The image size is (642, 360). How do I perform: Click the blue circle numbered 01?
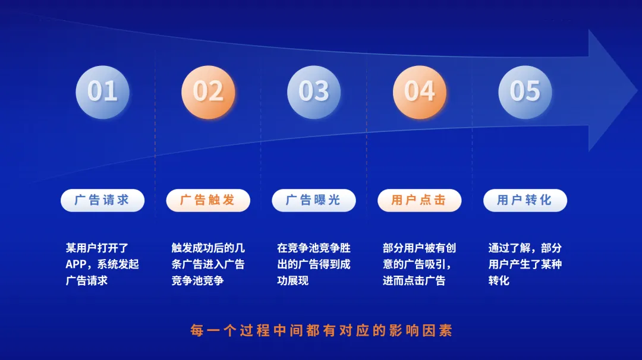point(102,92)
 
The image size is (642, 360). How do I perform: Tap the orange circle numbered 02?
point(208,92)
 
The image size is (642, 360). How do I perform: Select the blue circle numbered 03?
point(314,92)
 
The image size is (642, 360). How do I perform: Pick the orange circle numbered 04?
point(420,92)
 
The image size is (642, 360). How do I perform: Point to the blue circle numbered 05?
point(525,92)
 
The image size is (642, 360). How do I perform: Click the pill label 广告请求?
point(102,200)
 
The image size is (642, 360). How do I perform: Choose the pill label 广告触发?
point(208,200)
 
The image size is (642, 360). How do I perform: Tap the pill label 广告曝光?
point(314,200)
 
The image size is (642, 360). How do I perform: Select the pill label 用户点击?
point(419,200)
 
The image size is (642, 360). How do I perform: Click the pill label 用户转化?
point(525,200)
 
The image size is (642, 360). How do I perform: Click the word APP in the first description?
point(76,264)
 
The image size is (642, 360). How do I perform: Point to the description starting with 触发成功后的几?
point(208,264)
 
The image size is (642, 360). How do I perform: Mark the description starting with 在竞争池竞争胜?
point(314,264)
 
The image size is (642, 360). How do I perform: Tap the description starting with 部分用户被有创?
point(419,264)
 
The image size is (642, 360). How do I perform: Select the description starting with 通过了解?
point(525,264)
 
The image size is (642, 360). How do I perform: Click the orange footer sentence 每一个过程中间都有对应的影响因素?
point(322,330)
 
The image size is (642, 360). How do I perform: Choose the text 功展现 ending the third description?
point(292,280)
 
